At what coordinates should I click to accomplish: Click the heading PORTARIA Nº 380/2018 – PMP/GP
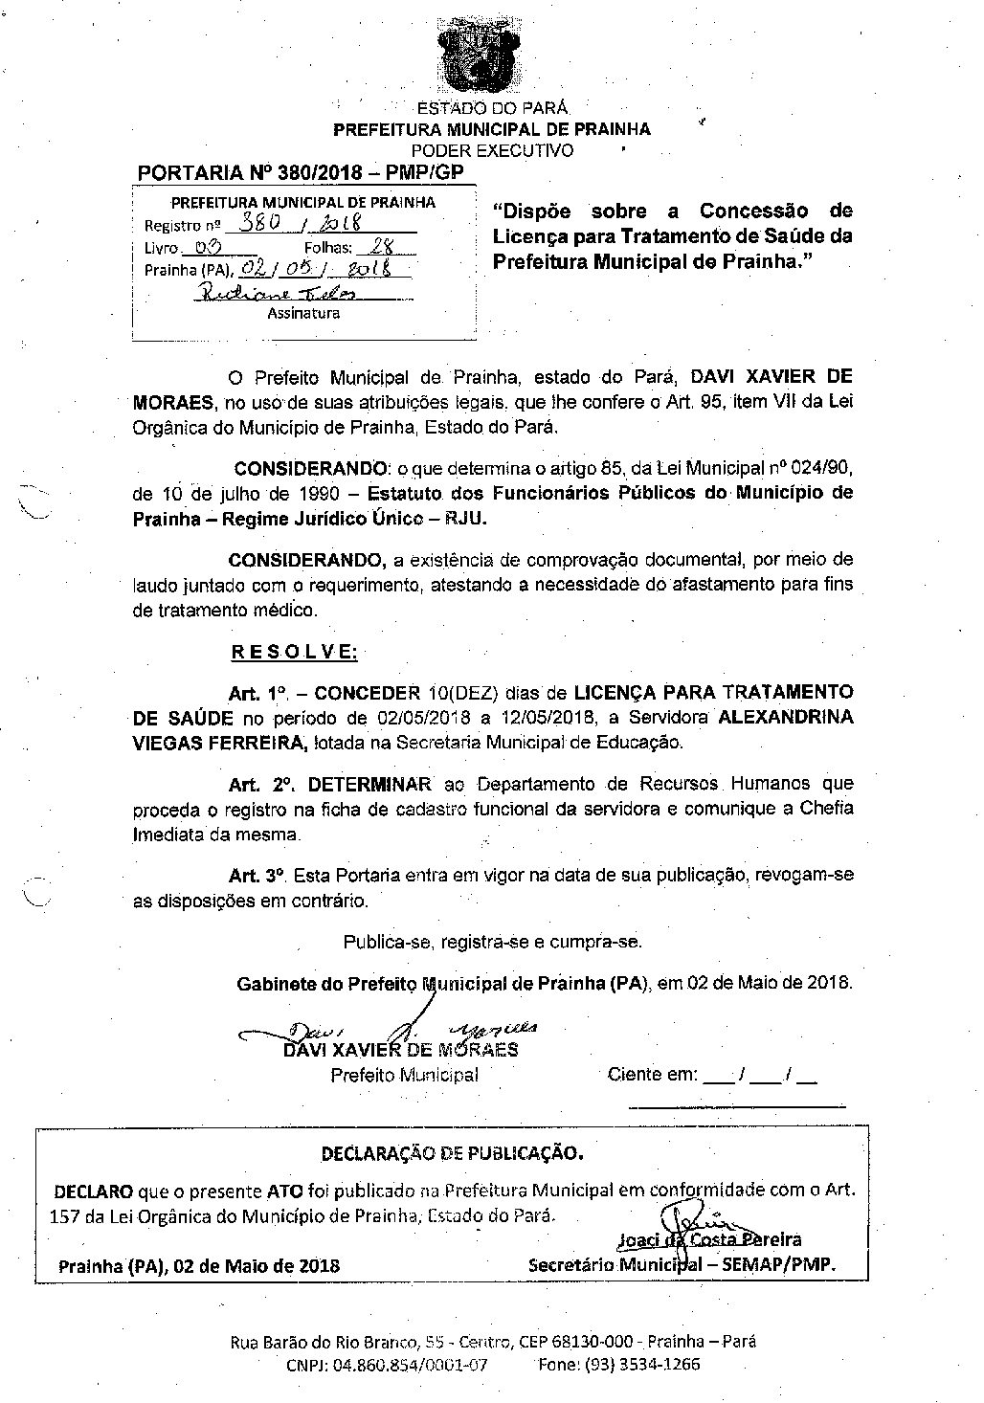301,173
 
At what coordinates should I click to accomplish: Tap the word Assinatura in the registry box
303,312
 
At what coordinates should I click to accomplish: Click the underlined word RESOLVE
294,653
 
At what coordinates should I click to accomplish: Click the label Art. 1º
258,692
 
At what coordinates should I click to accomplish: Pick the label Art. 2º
259,784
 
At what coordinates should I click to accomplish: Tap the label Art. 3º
258,876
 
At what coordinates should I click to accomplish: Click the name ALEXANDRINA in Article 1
785,717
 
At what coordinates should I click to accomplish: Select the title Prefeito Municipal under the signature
404,1075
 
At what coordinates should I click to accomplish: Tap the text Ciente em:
653,1075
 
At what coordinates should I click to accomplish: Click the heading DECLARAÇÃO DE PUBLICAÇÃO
451,1153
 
